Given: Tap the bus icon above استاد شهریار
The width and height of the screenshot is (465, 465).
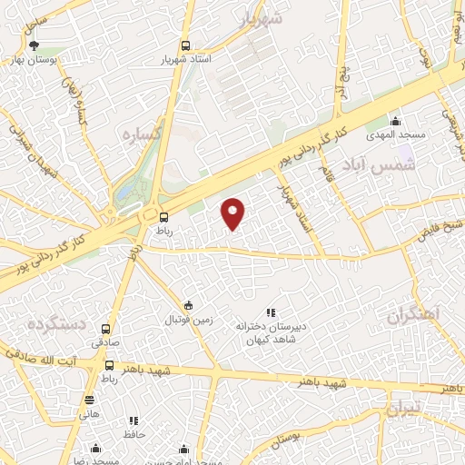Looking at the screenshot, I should click(185, 45).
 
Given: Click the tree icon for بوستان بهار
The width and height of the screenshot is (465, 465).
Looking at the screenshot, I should click(35, 45).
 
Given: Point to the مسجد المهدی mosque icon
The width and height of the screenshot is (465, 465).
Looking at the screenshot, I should click(395, 121).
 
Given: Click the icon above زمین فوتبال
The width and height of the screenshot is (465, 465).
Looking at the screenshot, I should click(188, 305).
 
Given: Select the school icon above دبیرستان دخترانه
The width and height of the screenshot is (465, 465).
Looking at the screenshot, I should click(270, 312).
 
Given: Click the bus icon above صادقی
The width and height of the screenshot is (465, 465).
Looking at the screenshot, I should click(106, 330).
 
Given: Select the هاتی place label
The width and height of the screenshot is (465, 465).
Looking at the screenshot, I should click(89, 414).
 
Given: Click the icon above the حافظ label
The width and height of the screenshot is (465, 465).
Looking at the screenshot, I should click(134, 420).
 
